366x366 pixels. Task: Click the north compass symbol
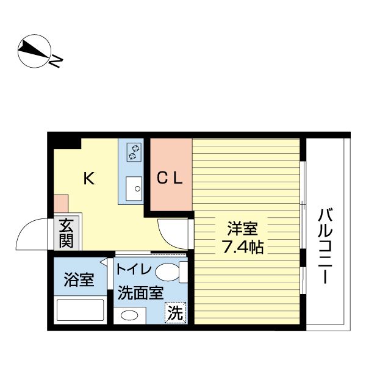[x=34, y=51]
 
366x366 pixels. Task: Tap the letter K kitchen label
[x=89, y=178]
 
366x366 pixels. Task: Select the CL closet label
[x=169, y=178]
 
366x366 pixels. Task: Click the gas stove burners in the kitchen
[x=134, y=152]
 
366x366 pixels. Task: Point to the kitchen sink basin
[x=134, y=188]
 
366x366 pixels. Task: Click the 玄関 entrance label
[x=66, y=233]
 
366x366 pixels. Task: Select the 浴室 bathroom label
[x=79, y=279]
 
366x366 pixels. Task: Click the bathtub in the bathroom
[x=80, y=310]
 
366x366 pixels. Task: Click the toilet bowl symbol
[x=171, y=272]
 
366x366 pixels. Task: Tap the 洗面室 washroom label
[x=140, y=293]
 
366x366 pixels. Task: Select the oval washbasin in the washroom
[x=129, y=315]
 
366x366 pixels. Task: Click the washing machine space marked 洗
[x=175, y=313]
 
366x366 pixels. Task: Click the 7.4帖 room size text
[x=243, y=247]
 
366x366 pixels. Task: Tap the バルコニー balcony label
[x=325, y=246]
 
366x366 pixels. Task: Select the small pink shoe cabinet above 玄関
[x=61, y=204]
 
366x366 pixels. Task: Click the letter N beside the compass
[x=57, y=62]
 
